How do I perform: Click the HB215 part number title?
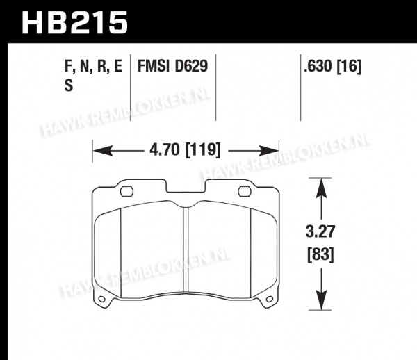pyautogui.click(x=75, y=23)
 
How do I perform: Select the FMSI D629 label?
pyautogui.click(x=172, y=66)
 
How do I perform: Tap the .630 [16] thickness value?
pyautogui.click(x=333, y=66)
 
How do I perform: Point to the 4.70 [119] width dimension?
pyautogui.click(x=185, y=150)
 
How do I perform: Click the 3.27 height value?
pyautogui.click(x=320, y=231)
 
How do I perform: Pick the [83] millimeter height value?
pyautogui.click(x=320, y=255)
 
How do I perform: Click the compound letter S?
pyautogui.click(x=69, y=86)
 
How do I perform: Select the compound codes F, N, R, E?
pyautogui.click(x=93, y=66)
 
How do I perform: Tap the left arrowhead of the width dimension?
pyautogui.click(x=101, y=151)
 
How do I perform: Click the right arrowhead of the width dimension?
pyautogui.click(x=270, y=151)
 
